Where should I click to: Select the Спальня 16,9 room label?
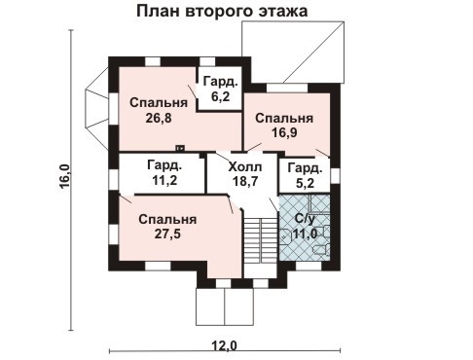[x=284, y=126]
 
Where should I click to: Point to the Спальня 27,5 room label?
[x=166, y=227]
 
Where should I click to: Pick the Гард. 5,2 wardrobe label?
[x=304, y=174]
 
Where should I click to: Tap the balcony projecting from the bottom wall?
[x=225, y=306]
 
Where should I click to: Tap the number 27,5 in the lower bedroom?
[x=166, y=234]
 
